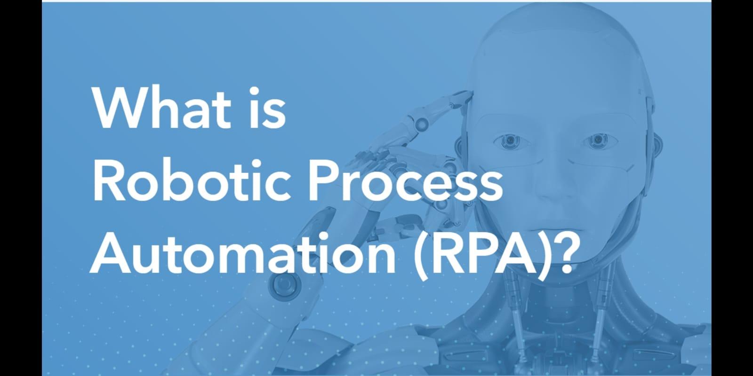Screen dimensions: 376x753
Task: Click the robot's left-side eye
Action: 509,141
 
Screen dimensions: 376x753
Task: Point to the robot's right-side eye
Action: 597,140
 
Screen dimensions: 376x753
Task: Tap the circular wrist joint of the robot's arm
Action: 285,284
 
